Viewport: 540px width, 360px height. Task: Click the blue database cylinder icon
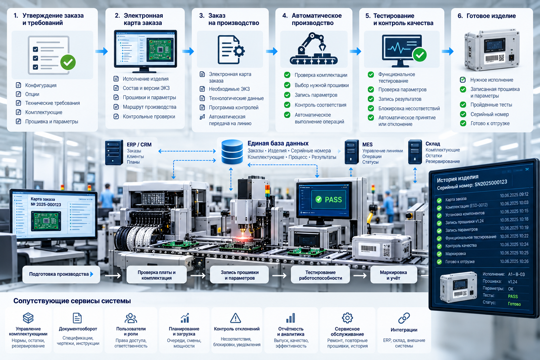point(232,152)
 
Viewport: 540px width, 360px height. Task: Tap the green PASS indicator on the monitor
point(329,199)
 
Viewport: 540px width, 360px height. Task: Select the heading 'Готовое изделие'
point(491,16)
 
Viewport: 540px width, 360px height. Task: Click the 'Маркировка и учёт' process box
point(393,275)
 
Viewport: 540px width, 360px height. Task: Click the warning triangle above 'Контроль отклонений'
point(236,318)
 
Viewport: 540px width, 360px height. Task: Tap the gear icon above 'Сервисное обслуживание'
point(347,318)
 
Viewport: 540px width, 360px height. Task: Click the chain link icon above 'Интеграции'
point(404,318)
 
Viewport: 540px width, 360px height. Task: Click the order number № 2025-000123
point(46,205)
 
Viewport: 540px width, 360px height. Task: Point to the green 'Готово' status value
point(514,304)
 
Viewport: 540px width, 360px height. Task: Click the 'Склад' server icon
point(415,152)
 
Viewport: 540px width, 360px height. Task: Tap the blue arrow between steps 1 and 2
point(102,51)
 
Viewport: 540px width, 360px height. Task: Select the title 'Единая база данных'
point(278,143)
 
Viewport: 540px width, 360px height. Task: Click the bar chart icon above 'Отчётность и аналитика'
point(290,318)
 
